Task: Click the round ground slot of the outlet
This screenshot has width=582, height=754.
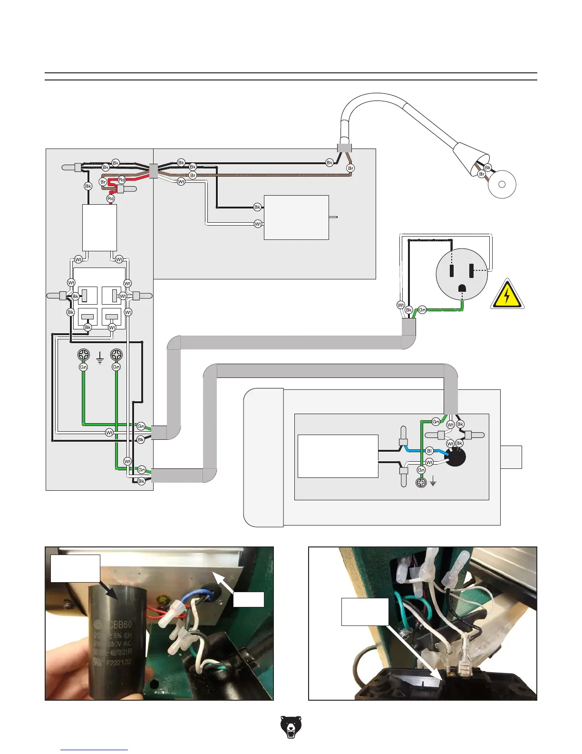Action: click(x=462, y=288)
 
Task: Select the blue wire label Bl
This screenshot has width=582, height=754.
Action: click(x=429, y=451)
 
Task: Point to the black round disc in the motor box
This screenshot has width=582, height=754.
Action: click(x=455, y=457)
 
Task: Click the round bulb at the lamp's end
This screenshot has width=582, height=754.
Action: click(x=502, y=184)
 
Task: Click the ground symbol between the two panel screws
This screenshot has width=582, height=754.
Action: click(x=100, y=357)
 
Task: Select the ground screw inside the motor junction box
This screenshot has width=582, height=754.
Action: click(x=421, y=483)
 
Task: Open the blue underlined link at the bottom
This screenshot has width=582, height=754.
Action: click(x=94, y=750)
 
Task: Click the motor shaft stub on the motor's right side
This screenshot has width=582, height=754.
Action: click(x=511, y=457)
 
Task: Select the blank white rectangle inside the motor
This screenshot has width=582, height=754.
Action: click(x=338, y=456)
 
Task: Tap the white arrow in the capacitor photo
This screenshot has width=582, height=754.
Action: click(x=223, y=584)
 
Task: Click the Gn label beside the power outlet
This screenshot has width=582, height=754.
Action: click(x=422, y=310)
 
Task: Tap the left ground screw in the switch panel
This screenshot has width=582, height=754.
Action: click(x=84, y=355)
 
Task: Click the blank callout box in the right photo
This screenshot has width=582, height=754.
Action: click(x=365, y=611)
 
